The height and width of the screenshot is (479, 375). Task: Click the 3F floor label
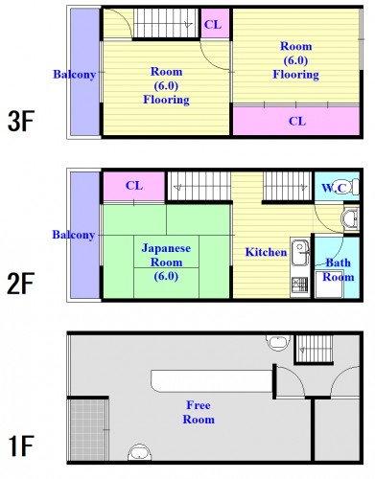(21, 121)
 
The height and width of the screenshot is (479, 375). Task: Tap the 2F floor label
(21, 284)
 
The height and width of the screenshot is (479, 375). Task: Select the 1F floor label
(21, 446)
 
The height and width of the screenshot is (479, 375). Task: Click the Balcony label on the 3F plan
(75, 75)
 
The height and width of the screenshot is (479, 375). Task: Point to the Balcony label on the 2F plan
(74, 235)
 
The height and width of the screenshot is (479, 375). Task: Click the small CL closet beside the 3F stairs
(215, 23)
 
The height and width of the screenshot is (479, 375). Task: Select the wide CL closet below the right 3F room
(296, 121)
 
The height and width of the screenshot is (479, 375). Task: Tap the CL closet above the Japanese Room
(133, 186)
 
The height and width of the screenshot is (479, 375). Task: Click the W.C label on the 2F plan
(334, 188)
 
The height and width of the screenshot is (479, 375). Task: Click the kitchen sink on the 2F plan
(300, 251)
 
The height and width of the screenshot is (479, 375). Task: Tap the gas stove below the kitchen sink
(299, 285)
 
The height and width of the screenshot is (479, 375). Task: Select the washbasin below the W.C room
(350, 219)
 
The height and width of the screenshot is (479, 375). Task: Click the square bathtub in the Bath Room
(329, 285)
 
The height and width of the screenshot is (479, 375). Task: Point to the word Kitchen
(266, 252)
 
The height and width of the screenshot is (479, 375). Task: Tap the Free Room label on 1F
(199, 412)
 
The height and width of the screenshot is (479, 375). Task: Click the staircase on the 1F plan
(314, 348)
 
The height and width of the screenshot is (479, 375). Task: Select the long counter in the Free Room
(212, 381)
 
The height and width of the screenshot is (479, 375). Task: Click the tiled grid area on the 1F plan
(87, 429)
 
